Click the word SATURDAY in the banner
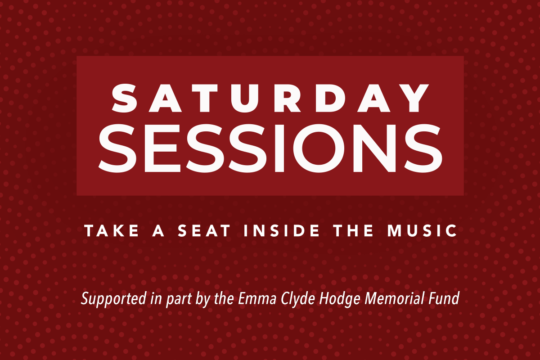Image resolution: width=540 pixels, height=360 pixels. click(x=270, y=98)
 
